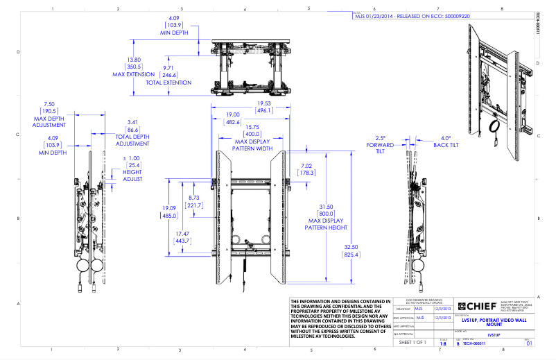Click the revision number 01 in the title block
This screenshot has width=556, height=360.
point(529,343)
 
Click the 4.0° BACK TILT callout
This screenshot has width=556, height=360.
point(444,142)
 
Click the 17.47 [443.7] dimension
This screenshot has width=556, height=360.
point(182,238)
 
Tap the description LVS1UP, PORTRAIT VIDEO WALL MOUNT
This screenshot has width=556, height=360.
point(491,323)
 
